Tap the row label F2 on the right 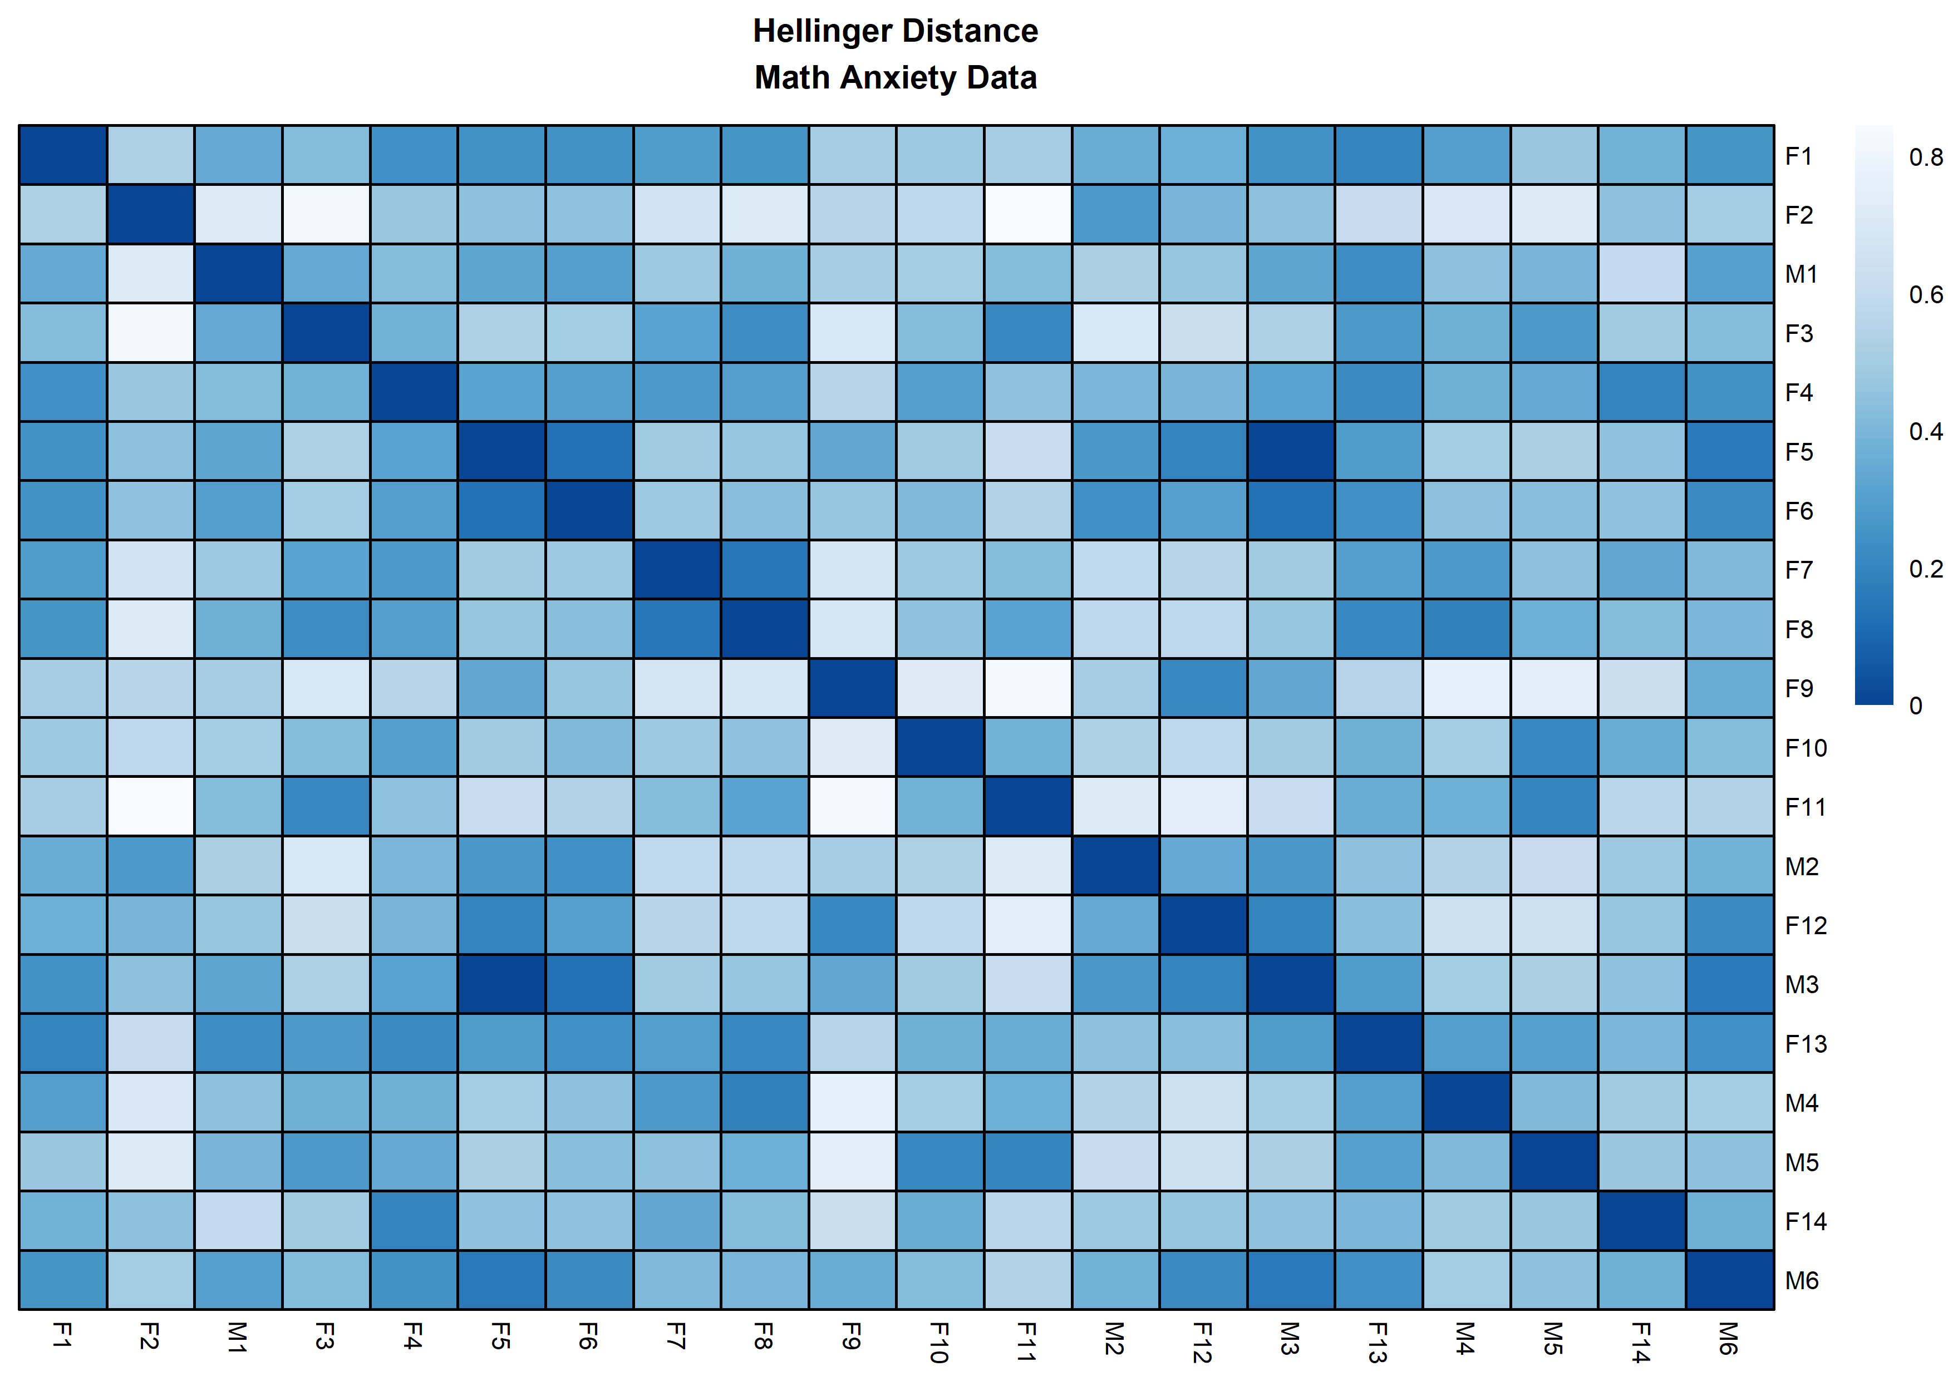[x=1798, y=215]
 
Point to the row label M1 [x=1801, y=274]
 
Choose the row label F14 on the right [x=1805, y=1221]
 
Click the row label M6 [x=1801, y=1280]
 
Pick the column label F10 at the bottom [x=939, y=1343]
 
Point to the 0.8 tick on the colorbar [x=1926, y=157]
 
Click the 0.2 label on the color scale [x=1926, y=569]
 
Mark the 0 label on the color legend [x=1916, y=706]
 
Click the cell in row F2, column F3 [x=326, y=214]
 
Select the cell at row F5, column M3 [x=1291, y=451]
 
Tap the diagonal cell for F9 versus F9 [x=852, y=688]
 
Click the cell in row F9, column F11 [x=1028, y=688]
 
